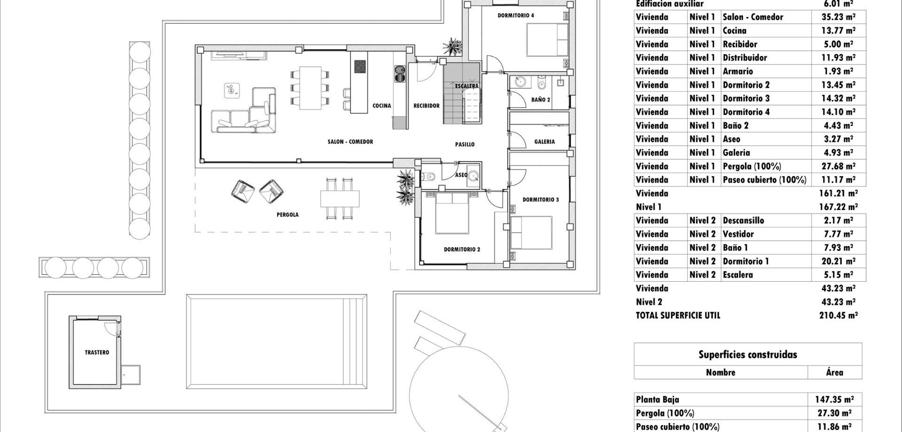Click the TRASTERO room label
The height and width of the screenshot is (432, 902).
(x=97, y=352)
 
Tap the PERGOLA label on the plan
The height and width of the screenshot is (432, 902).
(x=288, y=215)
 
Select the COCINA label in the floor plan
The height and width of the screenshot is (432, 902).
(x=381, y=106)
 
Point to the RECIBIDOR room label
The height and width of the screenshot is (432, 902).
(x=427, y=106)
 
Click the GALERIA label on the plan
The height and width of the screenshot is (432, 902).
(x=544, y=141)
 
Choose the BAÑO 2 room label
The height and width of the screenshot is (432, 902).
(x=541, y=100)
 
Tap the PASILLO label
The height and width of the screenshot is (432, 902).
(x=465, y=144)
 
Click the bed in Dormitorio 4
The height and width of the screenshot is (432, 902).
(x=547, y=40)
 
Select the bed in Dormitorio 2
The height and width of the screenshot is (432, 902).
(x=452, y=213)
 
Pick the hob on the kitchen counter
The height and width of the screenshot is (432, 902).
(x=360, y=67)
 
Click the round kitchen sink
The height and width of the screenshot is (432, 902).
(x=400, y=71)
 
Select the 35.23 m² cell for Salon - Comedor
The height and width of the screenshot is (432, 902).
(x=839, y=17)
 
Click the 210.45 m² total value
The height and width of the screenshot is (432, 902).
(x=839, y=316)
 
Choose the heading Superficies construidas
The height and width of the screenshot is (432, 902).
(x=748, y=355)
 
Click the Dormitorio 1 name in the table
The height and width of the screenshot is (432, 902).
(x=746, y=261)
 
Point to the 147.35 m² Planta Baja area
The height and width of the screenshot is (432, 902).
(x=834, y=400)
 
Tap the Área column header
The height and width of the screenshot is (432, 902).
(x=834, y=372)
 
